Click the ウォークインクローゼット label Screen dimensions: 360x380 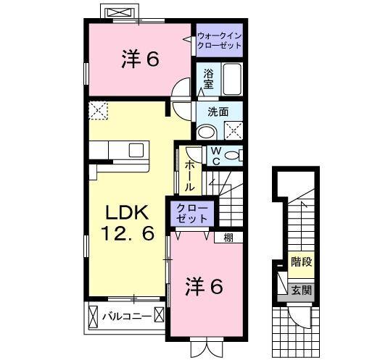[219, 40]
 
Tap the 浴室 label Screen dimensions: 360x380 [208, 78]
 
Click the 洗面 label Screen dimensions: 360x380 [218, 112]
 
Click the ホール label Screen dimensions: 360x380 [189, 175]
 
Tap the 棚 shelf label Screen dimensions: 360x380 [228, 237]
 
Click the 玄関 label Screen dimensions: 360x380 [302, 290]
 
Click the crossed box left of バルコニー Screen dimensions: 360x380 [93, 317]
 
